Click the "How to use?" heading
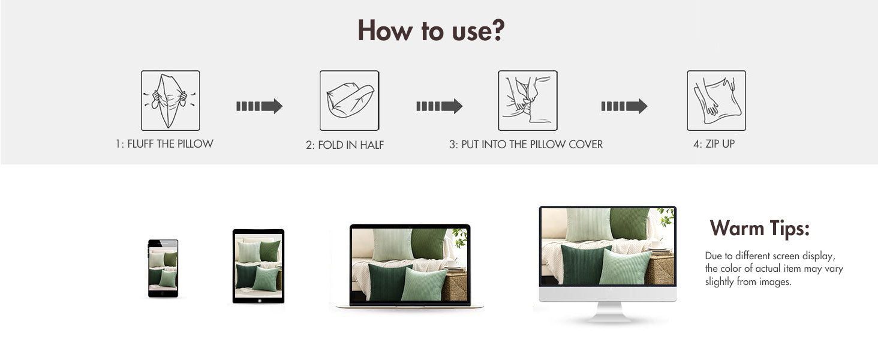(x=431, y=31)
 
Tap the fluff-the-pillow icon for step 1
(x=170, y=100)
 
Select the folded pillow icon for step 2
(x=349, y=100)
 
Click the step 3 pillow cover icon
(x=528, y=100)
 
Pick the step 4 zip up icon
(x=717, y=100)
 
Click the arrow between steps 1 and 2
(x=259, y=106)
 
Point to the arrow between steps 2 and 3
(x=440, y=106)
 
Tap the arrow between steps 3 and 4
(x=624, y=106)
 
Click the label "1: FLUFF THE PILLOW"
(x=164, y=144)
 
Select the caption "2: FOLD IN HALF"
(x=345, y=145)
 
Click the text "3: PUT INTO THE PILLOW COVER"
(x=526, y=145)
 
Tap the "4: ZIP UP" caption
(x=714, y=144)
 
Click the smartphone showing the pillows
(x=163, y=269)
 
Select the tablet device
(x=258, y=266)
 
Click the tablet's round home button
(x=259, y=301)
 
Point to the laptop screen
(x=410, y=265)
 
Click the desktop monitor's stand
(x=608, y=312)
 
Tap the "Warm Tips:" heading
(x=760, y=228)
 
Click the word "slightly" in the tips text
(x=719, y=281)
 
